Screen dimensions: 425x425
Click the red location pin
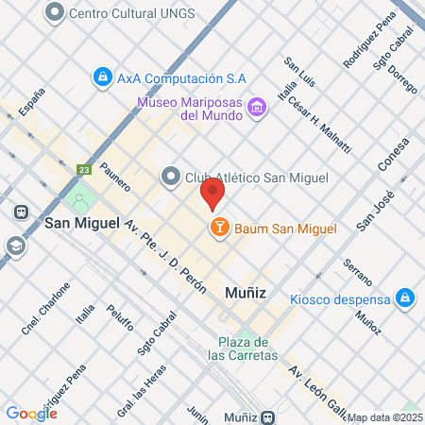tap(212, 194)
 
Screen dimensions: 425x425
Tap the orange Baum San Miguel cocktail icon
tap(219, 227)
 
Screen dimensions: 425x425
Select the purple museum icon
tap(255, 109)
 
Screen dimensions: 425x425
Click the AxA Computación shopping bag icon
tap(102, 76)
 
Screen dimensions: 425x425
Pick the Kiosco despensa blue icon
tap(404, 298)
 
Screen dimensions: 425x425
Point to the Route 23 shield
tap(84, 170)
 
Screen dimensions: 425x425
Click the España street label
tap(32, 101)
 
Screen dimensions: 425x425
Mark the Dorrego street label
tap(402, 77)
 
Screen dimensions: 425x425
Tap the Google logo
tap(31, 413)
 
